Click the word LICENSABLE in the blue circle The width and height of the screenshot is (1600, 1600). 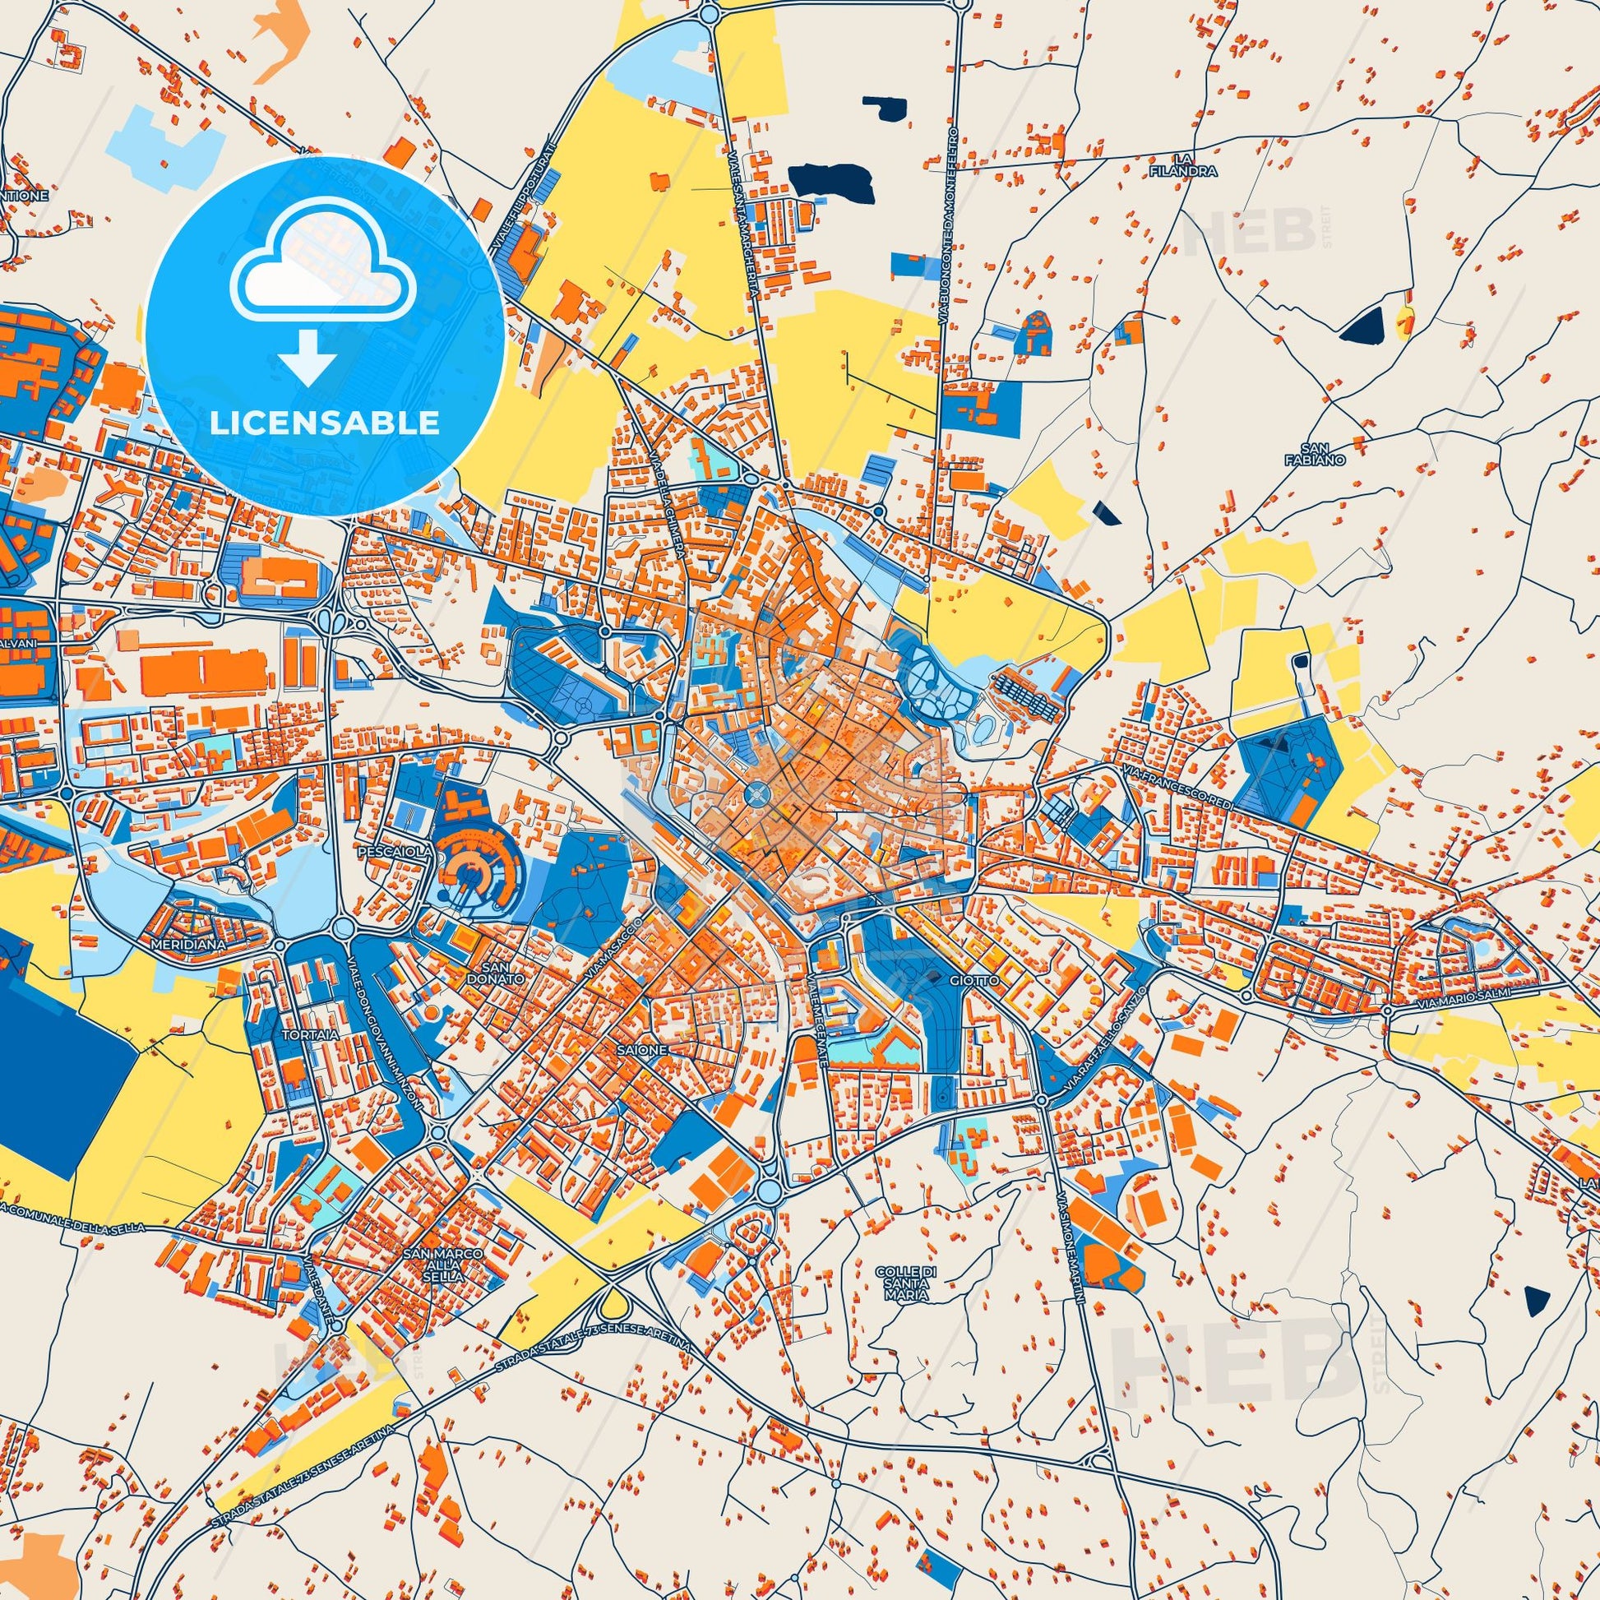coord(325,423)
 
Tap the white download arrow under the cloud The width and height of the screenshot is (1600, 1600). coord(308,357)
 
